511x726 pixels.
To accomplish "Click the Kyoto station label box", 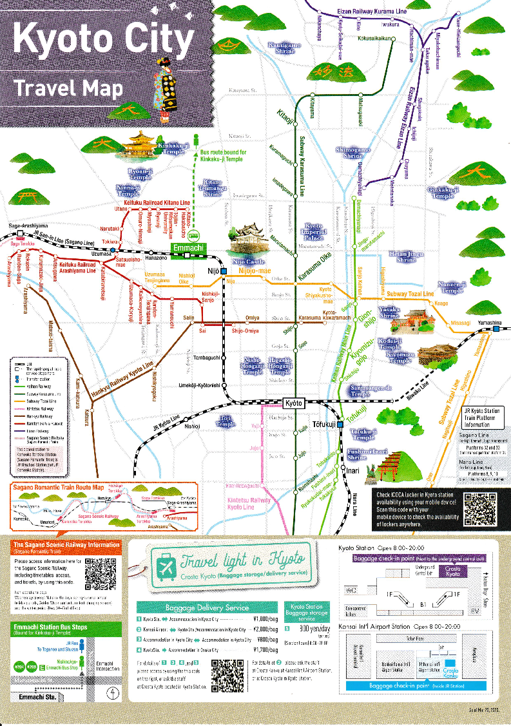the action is [x=293, y=403].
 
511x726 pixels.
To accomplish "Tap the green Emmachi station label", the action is [x=186, y=247].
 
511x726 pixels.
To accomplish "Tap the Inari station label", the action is [x=353, y=471].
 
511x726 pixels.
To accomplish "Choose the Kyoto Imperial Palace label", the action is [x=314, y=231].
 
